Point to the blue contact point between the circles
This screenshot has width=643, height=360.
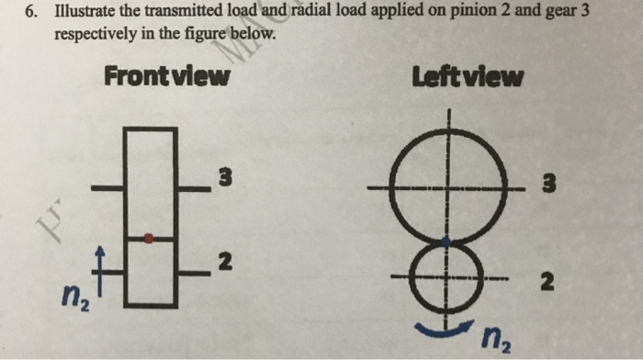(447, 241)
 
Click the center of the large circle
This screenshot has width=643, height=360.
(448, 187)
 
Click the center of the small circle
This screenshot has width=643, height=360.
(447, 274)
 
